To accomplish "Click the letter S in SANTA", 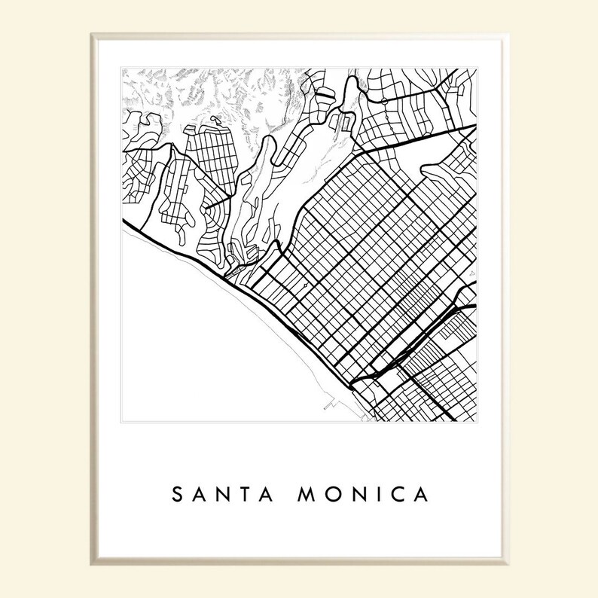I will [x=178, y=495].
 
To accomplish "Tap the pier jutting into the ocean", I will [x=329, y=404].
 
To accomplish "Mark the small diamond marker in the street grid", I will [x=305, y=287].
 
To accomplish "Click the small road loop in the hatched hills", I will [x=215, y=120].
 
